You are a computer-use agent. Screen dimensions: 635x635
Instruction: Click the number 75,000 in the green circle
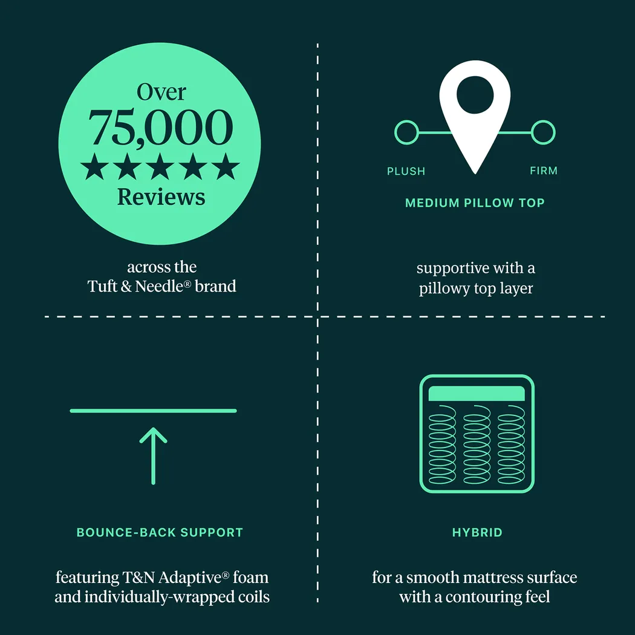pyautogui.click(x=160, y=128)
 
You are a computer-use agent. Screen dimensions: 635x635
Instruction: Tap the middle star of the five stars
pyautogui.click(x=160, y=166)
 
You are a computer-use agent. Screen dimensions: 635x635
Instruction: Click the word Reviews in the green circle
pyautogui.click(x=161, y=197)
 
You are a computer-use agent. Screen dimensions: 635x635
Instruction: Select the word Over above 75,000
pyautogui.click(x=161, y=92)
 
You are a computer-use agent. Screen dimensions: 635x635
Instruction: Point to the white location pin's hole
pyautogui.click(x=475, y=95)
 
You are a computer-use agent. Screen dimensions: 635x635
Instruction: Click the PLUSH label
pyautogui.click(x=406, y=171)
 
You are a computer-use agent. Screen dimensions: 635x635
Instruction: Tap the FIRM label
pyautogui.click(x=544, y=171)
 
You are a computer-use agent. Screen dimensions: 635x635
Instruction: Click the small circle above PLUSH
pyautogui.click(x=406, y=132)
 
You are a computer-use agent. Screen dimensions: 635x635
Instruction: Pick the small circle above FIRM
pyautogui.click(x=543, y=132)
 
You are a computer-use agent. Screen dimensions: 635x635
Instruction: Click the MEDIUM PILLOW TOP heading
pyautogui.click(x=475, y=203)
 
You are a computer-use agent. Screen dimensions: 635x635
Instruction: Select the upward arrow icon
pyautogui.click(x=154, y=456)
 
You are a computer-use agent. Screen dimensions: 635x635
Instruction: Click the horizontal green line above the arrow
pyautogui.click(x=153, y=411)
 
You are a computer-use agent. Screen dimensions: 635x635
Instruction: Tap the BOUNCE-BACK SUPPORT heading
pyautogui.click(x=160, y=532)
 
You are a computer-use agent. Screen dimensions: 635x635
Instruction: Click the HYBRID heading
pyautogui.click(x=477, y=532)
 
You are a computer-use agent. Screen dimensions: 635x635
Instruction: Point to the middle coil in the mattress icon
pyautogui.click(x=477, y=444)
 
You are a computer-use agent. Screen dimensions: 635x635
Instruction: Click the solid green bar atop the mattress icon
pyautogui.click(x=477, y=394)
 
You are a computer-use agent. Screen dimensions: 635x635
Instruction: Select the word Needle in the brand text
pyautogui.click(x=159, y=286)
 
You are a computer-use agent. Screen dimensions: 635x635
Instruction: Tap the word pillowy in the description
pyautogui.click(x=444, y=288)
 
